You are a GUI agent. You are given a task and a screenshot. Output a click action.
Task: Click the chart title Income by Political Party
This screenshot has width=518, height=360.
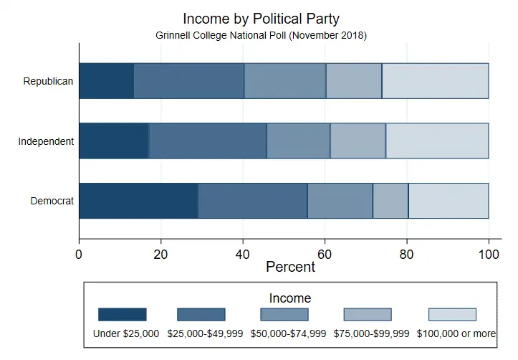pyautogui.click(x=261, y=19)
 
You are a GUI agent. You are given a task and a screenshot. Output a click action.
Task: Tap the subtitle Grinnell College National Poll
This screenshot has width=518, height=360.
pyautogui.click(x=261, y=34)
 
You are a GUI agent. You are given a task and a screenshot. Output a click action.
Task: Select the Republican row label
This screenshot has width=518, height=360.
pyautogui.click(x=48, y=81)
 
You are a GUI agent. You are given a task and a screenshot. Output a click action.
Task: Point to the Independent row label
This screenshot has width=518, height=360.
pyautogui.click(x=46, y=141)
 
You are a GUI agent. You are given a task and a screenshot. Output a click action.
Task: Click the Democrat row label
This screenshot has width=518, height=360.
pyautogui.click(x=52, y=201)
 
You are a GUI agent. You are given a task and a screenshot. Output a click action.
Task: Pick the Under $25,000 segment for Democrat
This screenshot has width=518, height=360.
pyautogui.click(x=138, y=201)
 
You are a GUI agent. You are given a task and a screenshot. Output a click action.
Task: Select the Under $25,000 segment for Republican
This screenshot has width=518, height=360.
pyautogui.click(x=106, y=81)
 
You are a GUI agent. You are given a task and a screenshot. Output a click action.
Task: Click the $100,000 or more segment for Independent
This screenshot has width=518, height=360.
pyautogui.click(x=437, y=141)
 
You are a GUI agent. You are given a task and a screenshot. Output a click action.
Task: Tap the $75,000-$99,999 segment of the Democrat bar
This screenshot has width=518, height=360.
pyautogui.click(x=390, y=201)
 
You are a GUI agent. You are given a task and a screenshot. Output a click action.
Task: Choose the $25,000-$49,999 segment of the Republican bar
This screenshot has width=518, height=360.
pyautogui.click(x=189, y=81)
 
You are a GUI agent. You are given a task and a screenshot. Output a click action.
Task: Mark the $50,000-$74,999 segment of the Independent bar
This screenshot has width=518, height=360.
pyautogui.click(x=298, y=141)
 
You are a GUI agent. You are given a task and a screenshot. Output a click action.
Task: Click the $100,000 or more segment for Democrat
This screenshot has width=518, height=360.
pyautogui.click(x=449, y=201)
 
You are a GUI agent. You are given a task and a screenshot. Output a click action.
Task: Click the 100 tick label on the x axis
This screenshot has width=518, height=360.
pyautogui.click(x=489, y=253)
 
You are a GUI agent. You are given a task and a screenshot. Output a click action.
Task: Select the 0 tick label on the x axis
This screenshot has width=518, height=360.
pyautogui.click(x=79, y=253)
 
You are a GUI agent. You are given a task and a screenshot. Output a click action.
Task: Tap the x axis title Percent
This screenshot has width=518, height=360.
pyautogui.click(x=290, y=267)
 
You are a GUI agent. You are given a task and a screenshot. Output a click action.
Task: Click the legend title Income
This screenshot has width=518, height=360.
pyautogui.click(x=289, y=298)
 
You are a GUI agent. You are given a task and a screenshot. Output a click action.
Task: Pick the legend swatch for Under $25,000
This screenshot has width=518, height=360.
pyautogui.click(x=122, y=315)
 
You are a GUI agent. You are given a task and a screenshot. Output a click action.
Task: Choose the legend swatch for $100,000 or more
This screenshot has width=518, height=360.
pyautogui.click(x=452, y=315)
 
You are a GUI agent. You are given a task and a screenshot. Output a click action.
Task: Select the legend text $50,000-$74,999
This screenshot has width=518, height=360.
pyautogui.click(x=288, y=333)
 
